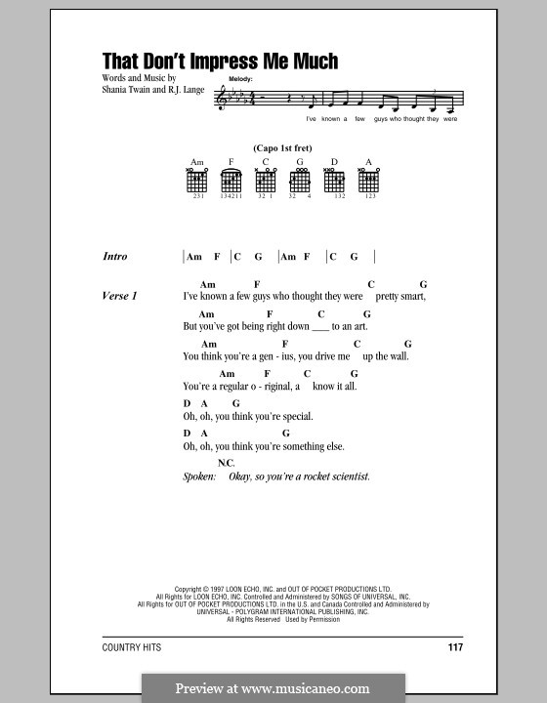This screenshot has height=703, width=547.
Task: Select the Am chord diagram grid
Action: click(195, 181)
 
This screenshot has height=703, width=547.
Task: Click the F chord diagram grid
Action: click(231, 181)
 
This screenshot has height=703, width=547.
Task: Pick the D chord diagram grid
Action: click(334, 181)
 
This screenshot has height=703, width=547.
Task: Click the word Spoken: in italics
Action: click(202, 476)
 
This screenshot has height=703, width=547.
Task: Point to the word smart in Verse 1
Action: click(412, 295)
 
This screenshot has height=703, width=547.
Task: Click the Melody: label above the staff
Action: click(241, 76)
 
